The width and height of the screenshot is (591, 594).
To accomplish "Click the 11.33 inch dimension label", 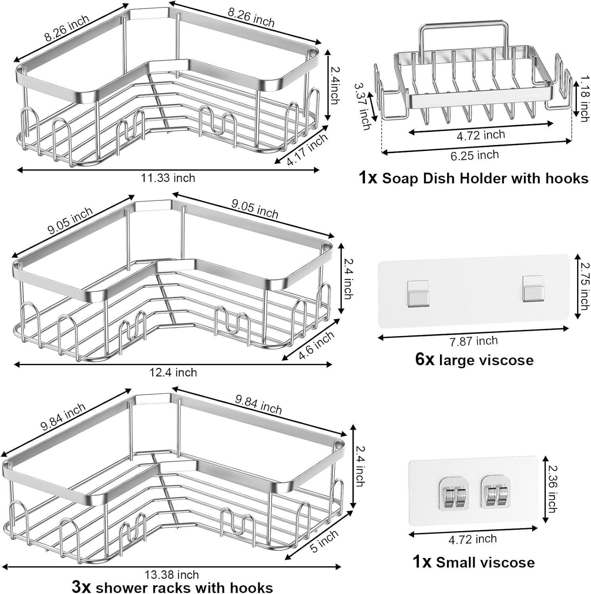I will click(x=168, y=178).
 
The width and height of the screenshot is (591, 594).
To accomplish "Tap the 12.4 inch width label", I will click(x=173, y=372).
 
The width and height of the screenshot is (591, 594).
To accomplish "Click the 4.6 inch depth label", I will click(x=316, y=346).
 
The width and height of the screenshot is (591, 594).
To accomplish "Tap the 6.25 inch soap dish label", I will click(x=474, y=155).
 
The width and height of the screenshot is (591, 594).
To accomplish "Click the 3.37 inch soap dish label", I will click(x=362, y=106).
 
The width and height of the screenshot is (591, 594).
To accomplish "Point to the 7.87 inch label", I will click(x=474, y=341).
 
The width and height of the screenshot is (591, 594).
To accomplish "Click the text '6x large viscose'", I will click(x=474, y=360).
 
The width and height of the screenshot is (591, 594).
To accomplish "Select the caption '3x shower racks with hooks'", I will click(x=172, y=587).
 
